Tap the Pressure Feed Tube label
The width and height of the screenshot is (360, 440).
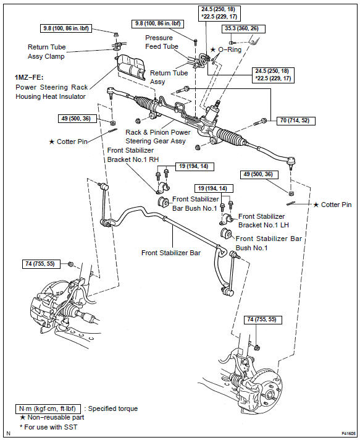[162, 41]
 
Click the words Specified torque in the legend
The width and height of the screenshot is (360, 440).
[113, 409]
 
